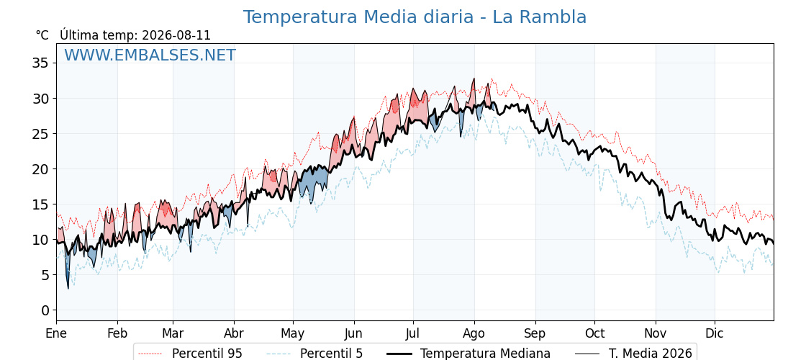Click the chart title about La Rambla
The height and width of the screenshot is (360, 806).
click(x=415, y=17)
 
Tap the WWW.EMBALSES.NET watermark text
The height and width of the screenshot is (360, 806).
click(x=150, y=55)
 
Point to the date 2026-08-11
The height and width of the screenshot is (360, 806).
click(x=176, y=35)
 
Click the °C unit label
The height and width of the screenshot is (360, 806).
click(x=42, y=35)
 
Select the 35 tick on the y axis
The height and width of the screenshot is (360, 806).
click(x=40, y=63)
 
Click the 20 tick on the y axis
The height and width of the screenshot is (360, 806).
click(x=40, y=169)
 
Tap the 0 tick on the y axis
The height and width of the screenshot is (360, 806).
click(x=45, y=310)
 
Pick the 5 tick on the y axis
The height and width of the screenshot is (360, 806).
click(x=45, y=275)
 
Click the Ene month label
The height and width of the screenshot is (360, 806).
click(x=56, y=333)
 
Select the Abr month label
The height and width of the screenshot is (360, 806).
click(x=234, y=333)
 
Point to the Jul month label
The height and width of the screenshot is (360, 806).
click(x=413, y=333)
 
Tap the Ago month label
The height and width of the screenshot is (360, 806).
click(x=474, y=334)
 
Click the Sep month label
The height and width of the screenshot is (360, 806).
click(x=535, y=334)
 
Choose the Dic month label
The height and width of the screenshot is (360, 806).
click(x=715, y=333)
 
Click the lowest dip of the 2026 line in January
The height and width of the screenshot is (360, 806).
click(x=68, y=289)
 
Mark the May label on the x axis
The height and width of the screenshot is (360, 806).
click(x=293, y=334)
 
